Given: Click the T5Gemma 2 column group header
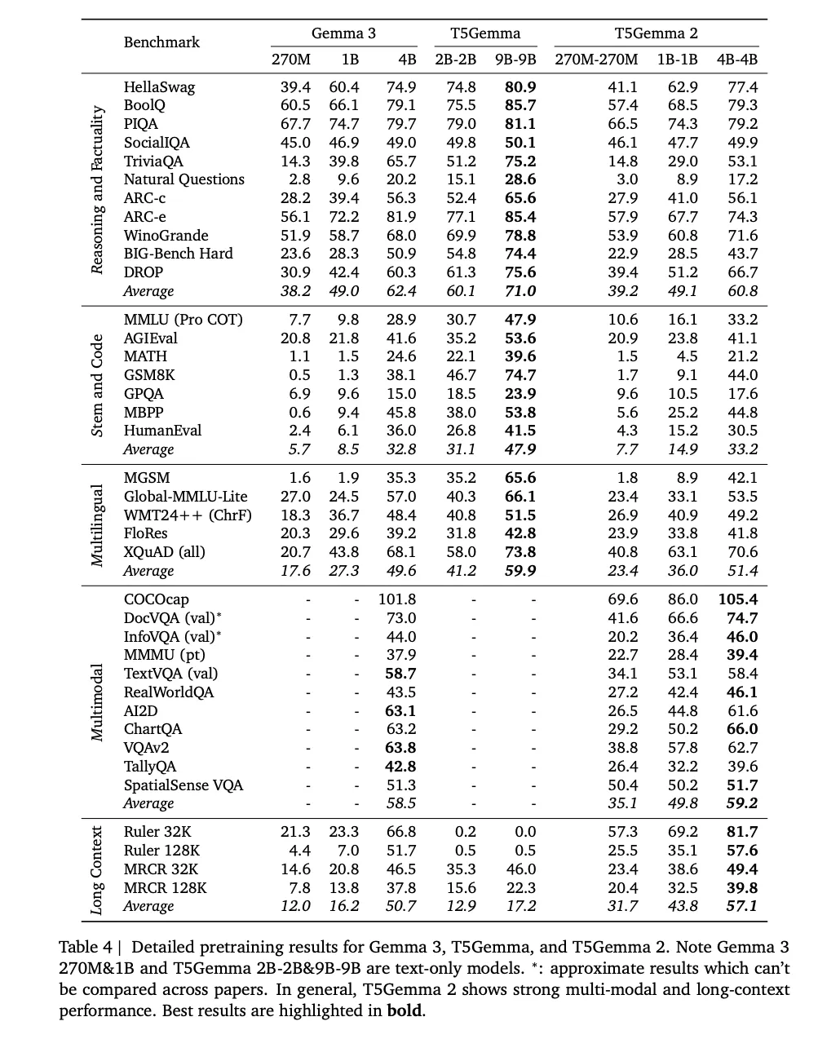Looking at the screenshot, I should point(656,33).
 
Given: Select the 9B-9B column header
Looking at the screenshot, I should point(515,60).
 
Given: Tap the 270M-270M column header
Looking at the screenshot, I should point(596,60).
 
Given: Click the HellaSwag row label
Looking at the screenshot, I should point(159,86).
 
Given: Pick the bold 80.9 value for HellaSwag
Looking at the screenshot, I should point(520,86).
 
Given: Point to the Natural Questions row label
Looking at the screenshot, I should point(183,179).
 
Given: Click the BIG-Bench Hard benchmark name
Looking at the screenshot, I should point(178,254).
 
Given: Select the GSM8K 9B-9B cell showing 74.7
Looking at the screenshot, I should point(520,375).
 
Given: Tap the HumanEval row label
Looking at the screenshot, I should point(162,431).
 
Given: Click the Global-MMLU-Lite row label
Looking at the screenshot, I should point(185,497).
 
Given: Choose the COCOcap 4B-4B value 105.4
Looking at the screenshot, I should point(737,599).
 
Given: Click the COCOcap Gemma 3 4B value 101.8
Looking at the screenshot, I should point(397,599).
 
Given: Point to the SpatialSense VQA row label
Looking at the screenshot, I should point(183,785).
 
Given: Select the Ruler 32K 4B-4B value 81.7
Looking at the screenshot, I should point(742,832).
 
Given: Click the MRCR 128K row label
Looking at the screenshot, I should point(165,888).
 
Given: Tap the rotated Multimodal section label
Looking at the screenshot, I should point(97,701).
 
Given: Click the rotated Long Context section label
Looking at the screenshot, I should point(97,869).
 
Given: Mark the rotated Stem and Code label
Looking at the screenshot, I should point(97,384).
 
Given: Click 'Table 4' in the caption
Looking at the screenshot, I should point(85,948).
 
